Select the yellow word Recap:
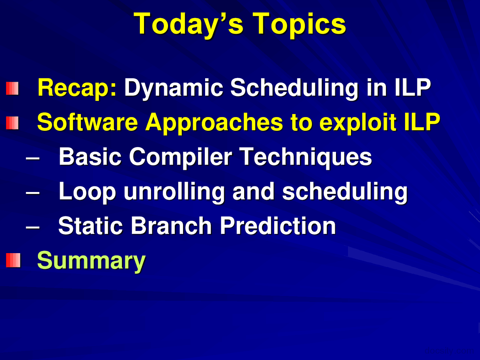click(x=77, y=88)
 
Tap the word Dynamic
click(x=174, y=88)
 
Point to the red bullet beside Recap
click(x=12, y=88)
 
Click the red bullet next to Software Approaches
click(x=12, y=123)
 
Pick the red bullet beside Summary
click(x=13, y=260)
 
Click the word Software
click(x=87, y=122)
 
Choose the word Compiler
click(x=181, y=157)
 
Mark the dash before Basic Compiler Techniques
click(x=33, y=158)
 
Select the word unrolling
click(x=174, y=192)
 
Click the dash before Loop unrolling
click(x=33, y=193)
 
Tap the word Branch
click(x=171, y=226)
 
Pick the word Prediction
click(x=278, y=226)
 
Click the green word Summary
click(x=91, y=261)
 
